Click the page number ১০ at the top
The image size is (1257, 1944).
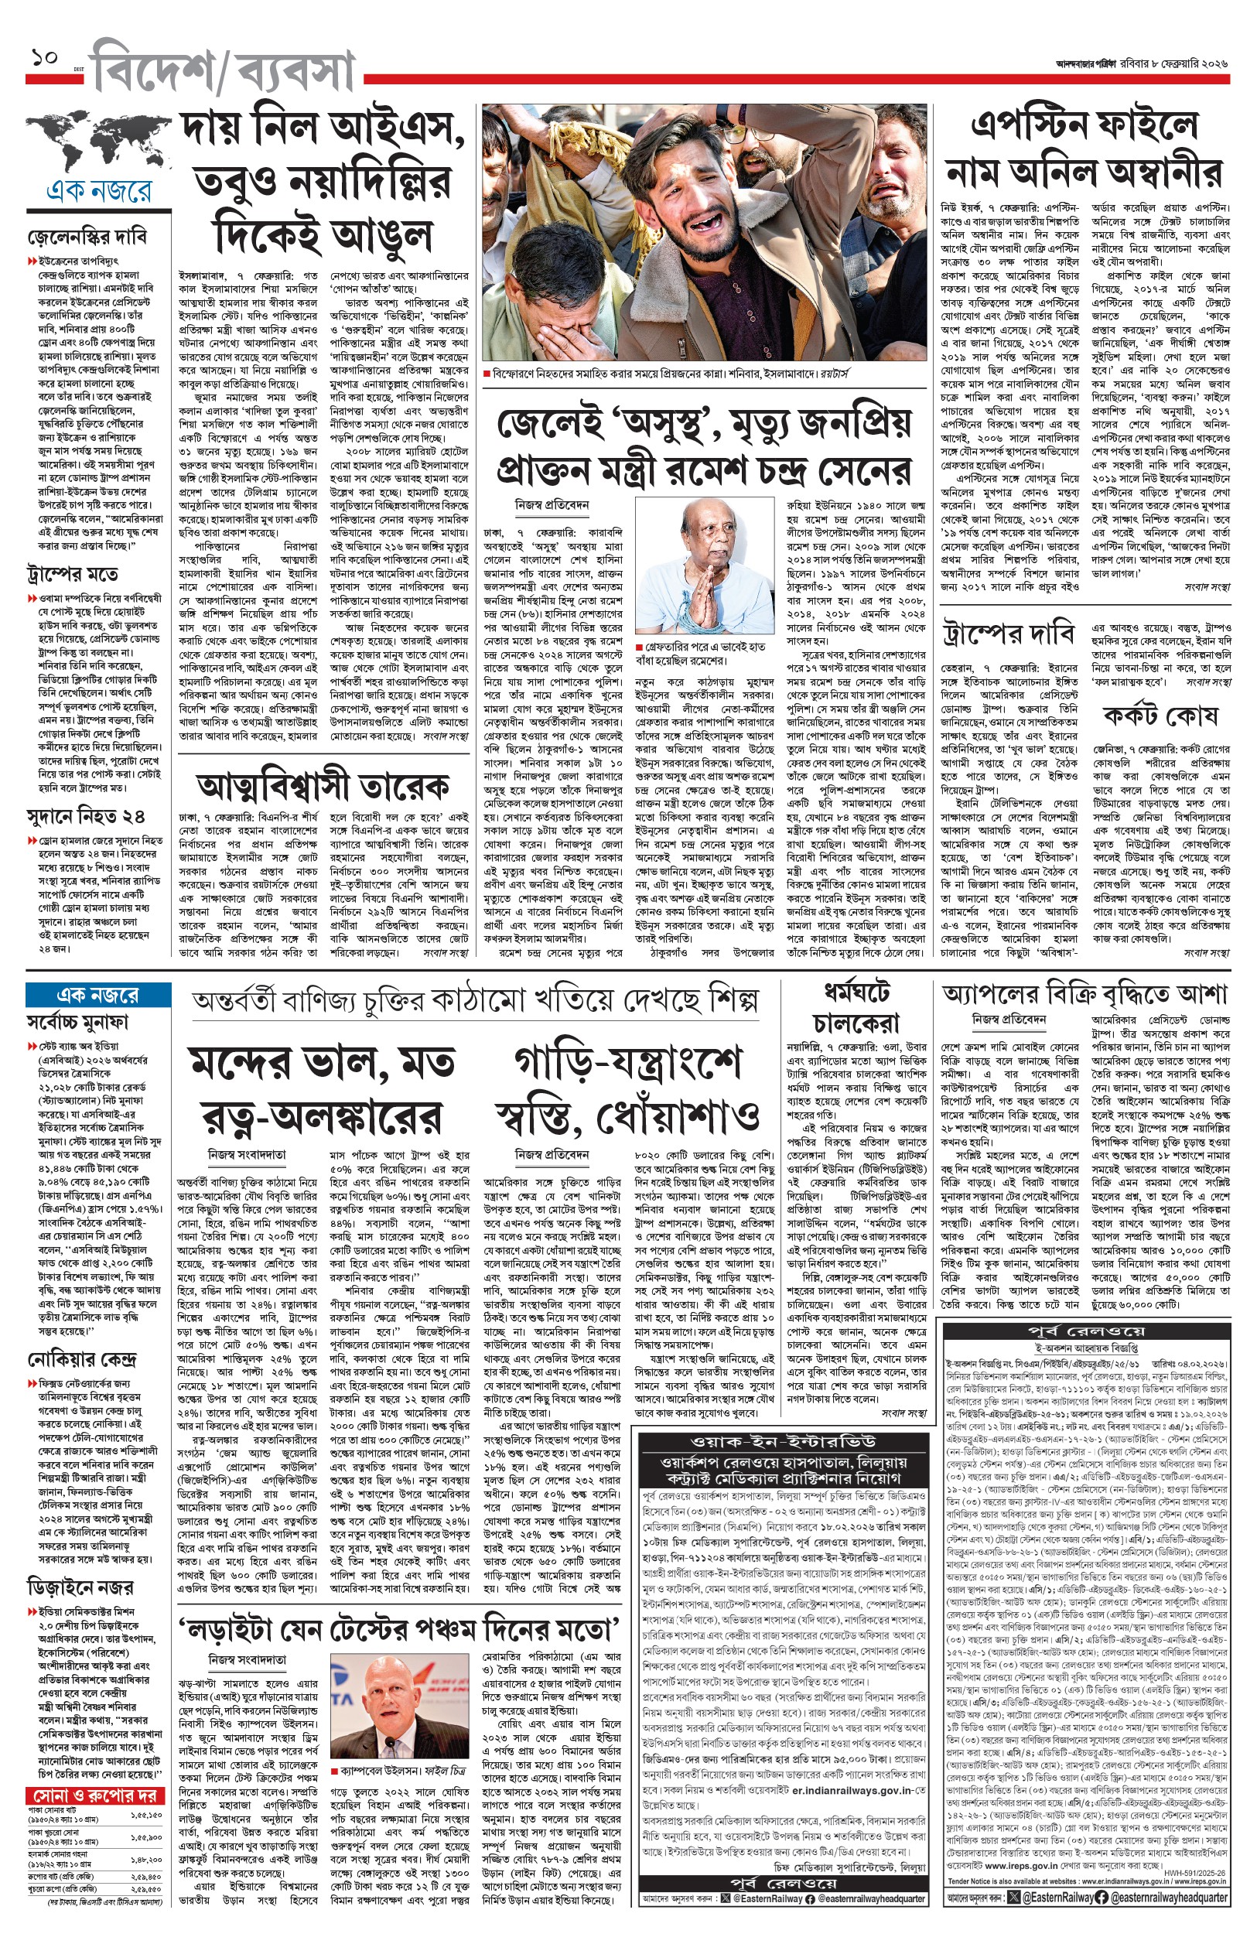tap(44, 60)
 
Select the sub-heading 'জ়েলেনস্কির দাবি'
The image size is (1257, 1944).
tap(87, 237)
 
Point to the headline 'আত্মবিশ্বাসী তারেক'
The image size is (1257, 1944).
tap(323, 786)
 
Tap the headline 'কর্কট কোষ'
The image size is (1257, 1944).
tap(1159, 715)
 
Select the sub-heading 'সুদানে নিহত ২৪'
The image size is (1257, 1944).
tap(86, 817)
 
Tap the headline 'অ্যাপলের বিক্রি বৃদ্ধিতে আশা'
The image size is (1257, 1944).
tap(1085, 994)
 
